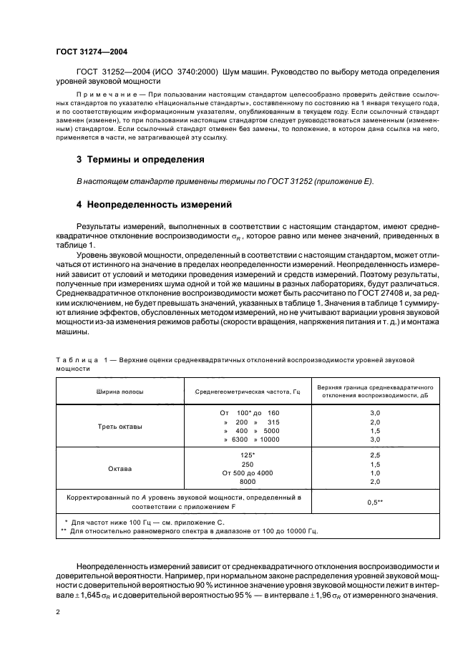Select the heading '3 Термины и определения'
(x=140, y=159)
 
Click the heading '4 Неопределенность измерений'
(x=153, y=205)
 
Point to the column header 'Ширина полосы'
(x=120, y=392)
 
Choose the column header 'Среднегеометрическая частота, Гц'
(x=245, y=392)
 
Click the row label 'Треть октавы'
(x=120, y=427)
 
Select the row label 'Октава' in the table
(x=120, y=469)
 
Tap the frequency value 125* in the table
(x=245, y=455)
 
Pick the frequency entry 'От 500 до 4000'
(x=245, y=474)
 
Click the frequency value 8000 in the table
(x=245, y=483)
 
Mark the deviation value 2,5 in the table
(x=374, y=455)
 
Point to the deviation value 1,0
(x=374, y=474)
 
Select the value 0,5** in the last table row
(x=374, y=502)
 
